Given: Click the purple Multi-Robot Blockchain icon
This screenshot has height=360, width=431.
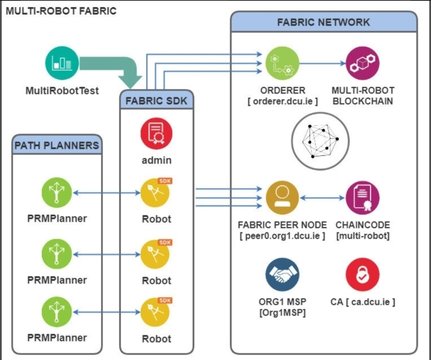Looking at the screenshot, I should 363,62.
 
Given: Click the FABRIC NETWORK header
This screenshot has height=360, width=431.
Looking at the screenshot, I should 323,23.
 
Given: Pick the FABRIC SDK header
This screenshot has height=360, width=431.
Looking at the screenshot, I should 156,101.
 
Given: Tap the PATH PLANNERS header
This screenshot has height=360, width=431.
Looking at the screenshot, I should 57,145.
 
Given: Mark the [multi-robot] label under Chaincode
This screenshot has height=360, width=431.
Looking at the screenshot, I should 363,236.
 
